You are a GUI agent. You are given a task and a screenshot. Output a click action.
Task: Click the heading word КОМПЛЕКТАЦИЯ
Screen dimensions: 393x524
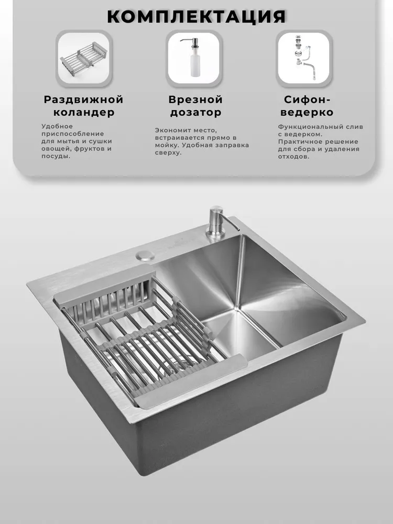click(196, 17)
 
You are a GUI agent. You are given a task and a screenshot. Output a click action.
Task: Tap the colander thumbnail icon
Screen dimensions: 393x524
click(84, 58)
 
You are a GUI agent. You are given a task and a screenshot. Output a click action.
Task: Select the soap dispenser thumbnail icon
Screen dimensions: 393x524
click(194, 58)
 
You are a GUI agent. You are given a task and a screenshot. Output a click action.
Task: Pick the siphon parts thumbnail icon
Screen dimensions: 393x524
click(304, 58)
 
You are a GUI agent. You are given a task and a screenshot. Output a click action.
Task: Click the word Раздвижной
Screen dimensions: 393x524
click(83, 100)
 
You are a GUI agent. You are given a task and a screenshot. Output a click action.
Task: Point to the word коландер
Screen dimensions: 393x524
click(84, 113)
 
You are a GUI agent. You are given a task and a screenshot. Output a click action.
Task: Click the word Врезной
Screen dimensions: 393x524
click(195, 100)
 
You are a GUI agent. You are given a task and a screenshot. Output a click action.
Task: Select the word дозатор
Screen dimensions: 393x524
click(195, 113)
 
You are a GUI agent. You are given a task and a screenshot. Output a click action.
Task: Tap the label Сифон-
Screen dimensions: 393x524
click(307, 100)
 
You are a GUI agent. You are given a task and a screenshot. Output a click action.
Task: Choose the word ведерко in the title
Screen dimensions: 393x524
click(307, 113)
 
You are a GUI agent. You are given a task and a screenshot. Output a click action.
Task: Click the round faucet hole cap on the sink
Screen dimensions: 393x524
click(145, 255)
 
